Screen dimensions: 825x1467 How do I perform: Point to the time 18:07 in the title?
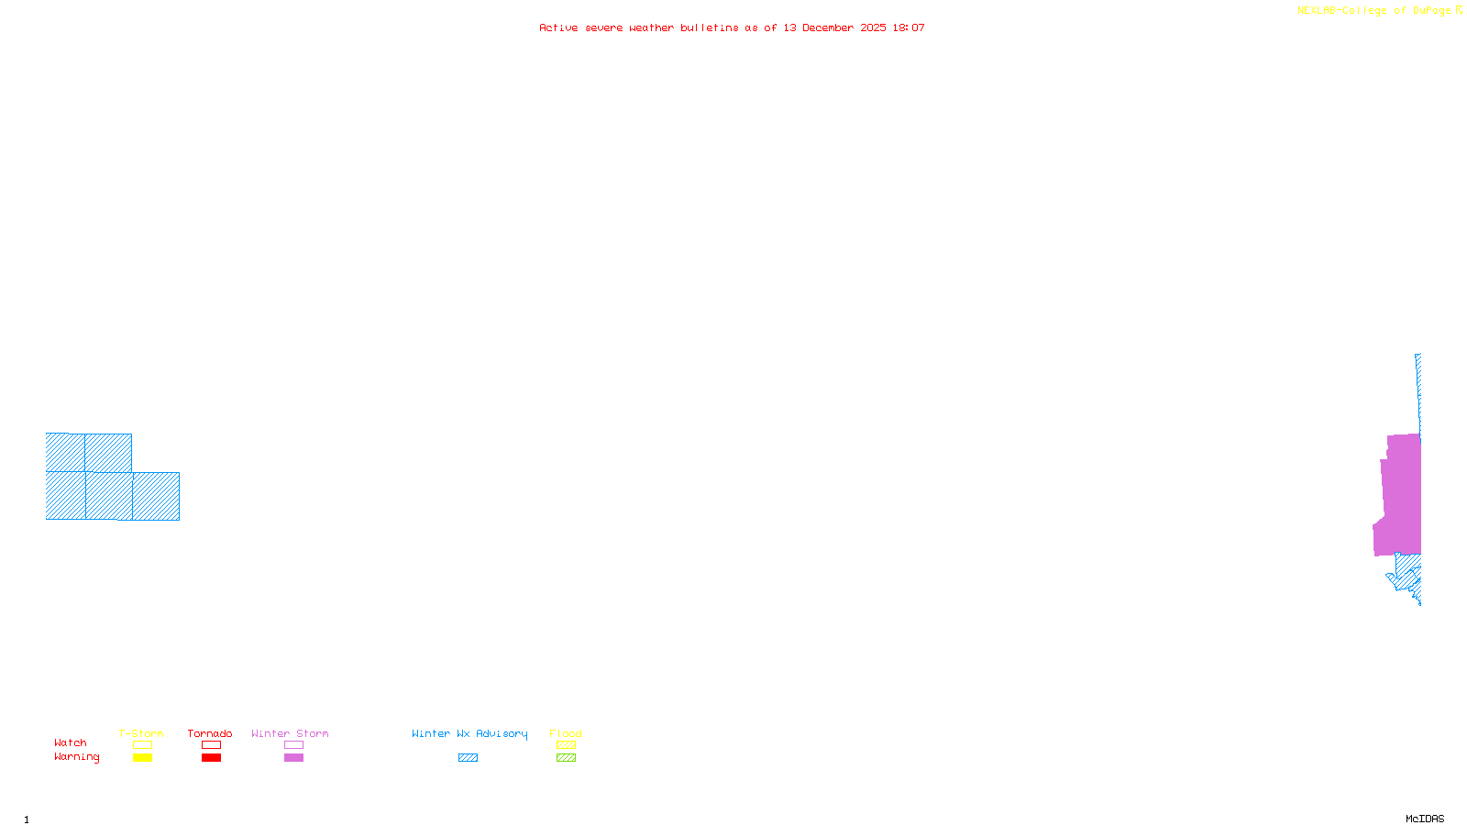(x=909, y=27)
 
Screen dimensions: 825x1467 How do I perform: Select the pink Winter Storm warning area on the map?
(x=1401, y=495)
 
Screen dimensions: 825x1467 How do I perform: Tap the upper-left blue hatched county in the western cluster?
(x=65, y=452)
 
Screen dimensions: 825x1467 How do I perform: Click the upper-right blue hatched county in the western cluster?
(x=108, y=453)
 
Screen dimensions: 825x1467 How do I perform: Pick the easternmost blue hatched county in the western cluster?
(x=156, y=496)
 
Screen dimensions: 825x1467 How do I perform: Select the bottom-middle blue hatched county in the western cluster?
(x=109, y=496)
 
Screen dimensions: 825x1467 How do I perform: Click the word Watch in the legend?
(x=71, y=743)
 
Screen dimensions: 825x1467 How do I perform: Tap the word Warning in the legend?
(x=76, y=757)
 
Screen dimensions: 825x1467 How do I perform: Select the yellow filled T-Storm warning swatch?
(x=142, y=758)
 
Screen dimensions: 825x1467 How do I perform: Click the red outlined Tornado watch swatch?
(x=211, y=745)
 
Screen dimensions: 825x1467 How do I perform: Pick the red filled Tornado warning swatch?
(x=211, y=758)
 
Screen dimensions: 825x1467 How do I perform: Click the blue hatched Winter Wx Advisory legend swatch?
(x=468, y=758)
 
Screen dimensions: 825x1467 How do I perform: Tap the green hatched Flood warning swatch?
(x=566, y=758)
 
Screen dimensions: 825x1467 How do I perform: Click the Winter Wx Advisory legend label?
(x=469, y=733)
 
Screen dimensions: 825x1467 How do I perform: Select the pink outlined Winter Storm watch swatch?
(x=293, y=745)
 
